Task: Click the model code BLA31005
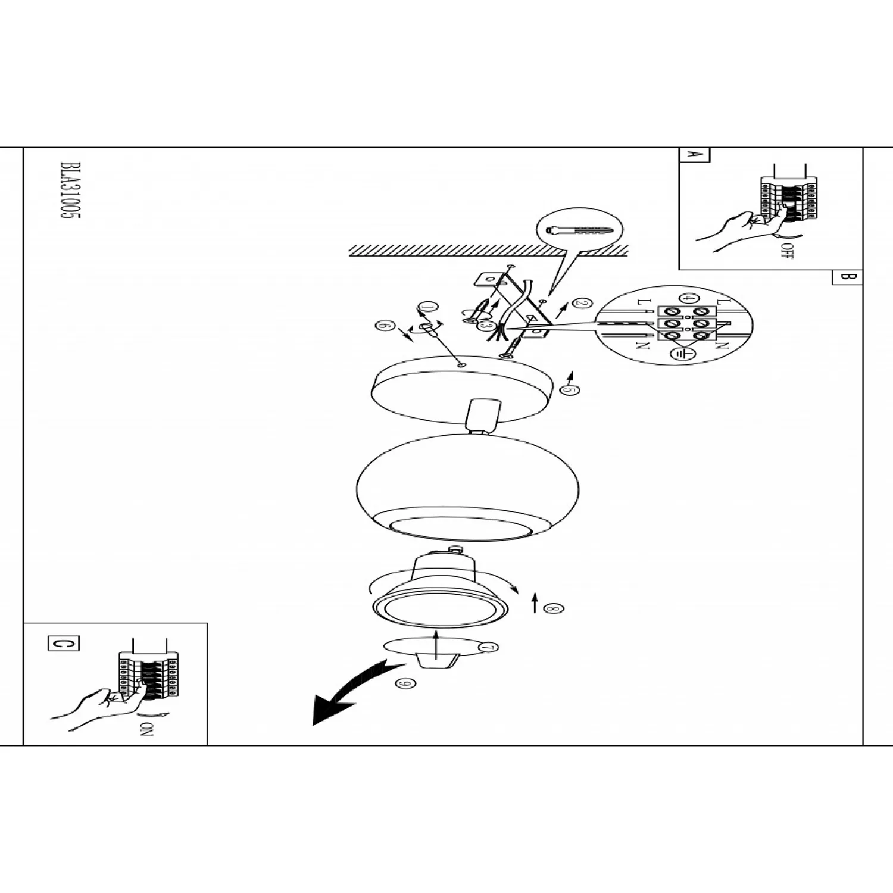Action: [x=70, y=191]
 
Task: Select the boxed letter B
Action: [x=847, y=277]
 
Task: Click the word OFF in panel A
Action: [x=788, y=251]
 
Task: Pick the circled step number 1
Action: [x=427, y=307]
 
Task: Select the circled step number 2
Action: [x=582, y=302]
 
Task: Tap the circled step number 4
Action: [x=689, y=298]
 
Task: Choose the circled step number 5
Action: [x=569, y=390]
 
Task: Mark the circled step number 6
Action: [x=385, y=326]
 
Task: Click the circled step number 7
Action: [x=488, y=647]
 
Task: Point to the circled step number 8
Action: [x=553, y=608]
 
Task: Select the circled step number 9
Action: [x=405, y=683]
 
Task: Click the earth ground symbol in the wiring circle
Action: [x=679, y=354]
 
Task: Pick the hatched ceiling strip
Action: [x=488, y=251]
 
